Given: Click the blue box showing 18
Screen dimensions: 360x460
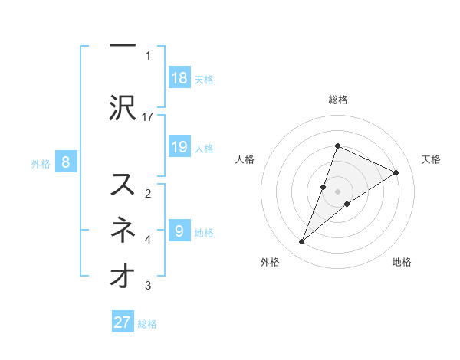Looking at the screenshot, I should (179, 77).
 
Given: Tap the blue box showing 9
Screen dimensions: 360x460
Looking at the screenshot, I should (179, 231).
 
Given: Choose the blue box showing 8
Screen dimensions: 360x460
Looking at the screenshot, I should (66, 162).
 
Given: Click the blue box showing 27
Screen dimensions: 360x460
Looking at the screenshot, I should (123, 322).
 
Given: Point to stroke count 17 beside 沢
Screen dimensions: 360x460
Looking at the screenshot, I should (149, 116).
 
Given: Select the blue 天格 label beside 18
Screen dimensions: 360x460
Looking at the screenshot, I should (204, 79).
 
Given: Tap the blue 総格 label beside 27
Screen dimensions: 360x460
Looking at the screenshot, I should (147, 324).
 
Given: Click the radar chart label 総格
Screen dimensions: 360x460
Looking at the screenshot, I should (338, 100).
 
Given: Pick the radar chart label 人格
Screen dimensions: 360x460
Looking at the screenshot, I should (245, 159).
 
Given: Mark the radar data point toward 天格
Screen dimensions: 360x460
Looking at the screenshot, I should (396, 172).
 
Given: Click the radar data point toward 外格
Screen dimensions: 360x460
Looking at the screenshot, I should (302, 242).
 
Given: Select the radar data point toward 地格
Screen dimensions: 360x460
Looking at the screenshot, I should (347, 203).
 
